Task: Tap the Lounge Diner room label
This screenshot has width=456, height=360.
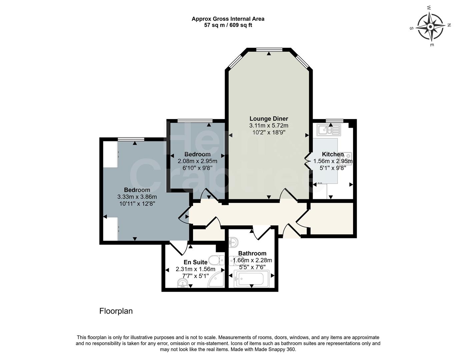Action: [x=269, y=119]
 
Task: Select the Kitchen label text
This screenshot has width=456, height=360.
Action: [x=333, y=154]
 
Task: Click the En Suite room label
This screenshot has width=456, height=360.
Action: [x=195, y=262]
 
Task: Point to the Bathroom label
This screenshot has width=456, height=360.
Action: [x=252, y=253]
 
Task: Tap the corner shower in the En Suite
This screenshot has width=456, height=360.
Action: [x=217, y=279]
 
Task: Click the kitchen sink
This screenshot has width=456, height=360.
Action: [x=328, y=129]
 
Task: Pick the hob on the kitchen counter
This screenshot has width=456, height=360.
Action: [x=347, y=157]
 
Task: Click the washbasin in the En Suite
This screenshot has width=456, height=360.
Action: [x=182, y=284]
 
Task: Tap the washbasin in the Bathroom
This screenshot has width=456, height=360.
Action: [x=233, y=241]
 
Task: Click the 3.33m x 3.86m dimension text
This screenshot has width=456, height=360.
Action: [x=137, y=197]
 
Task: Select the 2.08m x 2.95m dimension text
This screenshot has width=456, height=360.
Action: [x=197, y=161]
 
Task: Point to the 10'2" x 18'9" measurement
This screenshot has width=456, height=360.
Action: [x=269, y=132]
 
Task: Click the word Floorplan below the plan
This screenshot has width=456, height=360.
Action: [x=116, y=311]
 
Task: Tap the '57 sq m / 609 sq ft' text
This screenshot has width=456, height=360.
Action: [x=228, y=25]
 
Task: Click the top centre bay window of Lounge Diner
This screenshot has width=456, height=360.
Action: [x=269, y=50]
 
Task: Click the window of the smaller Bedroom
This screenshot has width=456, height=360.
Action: [x=195, y=121]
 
